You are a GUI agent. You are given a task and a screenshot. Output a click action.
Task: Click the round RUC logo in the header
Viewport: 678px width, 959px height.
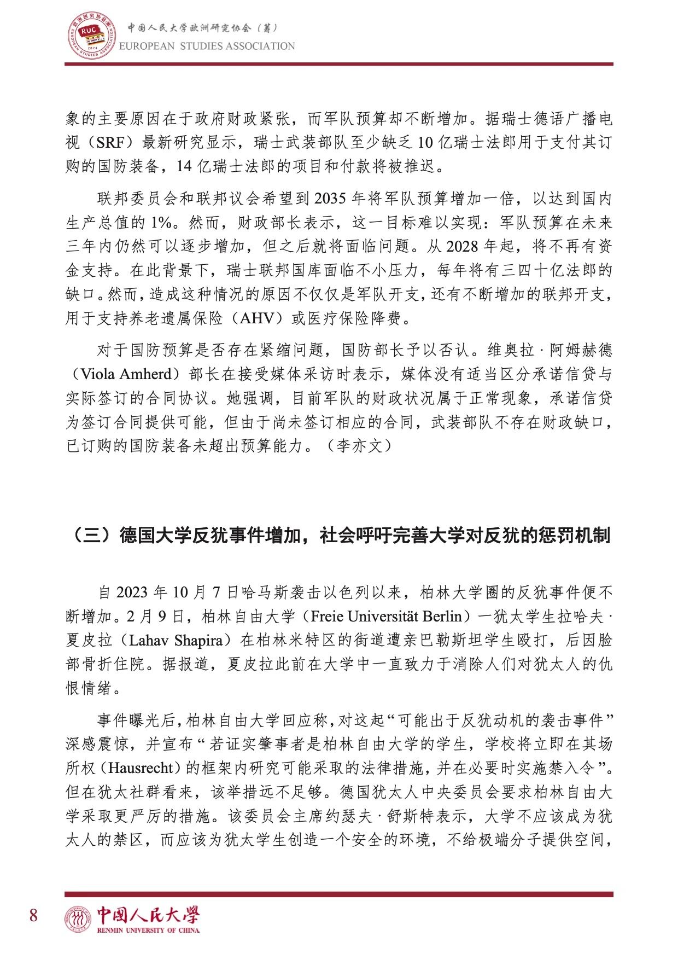(x=91, y=37)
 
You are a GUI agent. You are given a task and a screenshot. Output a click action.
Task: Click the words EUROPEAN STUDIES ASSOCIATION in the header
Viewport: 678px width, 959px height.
(x=207, y=47)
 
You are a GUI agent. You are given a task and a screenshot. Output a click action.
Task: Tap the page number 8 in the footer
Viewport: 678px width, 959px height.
(x=33, y=915)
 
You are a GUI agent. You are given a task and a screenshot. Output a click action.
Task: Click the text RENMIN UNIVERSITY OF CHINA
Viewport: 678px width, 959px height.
(x=148, y=930)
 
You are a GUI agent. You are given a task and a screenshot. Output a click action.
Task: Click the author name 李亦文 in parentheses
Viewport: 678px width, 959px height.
(x=359, y=446)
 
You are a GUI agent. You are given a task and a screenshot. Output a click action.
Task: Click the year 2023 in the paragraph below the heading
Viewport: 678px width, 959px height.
(x=132, y=592)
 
